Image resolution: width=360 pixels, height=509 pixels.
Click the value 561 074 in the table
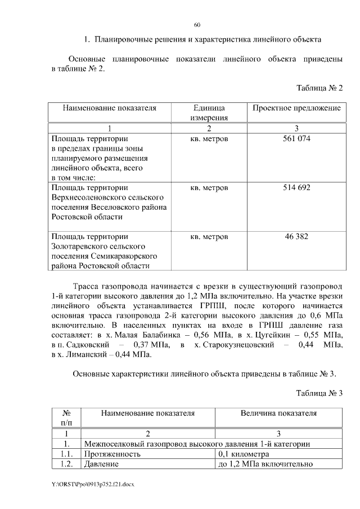(296, 138)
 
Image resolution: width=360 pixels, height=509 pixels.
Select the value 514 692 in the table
(296, 187)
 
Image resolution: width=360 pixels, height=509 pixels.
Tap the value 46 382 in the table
(296, 236)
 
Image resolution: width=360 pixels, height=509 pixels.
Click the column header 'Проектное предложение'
(296, 107)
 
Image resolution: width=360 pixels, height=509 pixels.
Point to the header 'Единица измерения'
(209, 112)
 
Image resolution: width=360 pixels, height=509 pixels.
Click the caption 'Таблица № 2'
(319, 88)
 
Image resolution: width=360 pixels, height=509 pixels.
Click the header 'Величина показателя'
(278, 413)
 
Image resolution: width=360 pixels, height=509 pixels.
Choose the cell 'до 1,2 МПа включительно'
(264, 464)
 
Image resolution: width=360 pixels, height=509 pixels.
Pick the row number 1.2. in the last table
(66, 464)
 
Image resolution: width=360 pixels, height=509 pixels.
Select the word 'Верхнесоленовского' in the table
(107, 197)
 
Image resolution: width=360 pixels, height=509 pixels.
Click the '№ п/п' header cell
(66, 417)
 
